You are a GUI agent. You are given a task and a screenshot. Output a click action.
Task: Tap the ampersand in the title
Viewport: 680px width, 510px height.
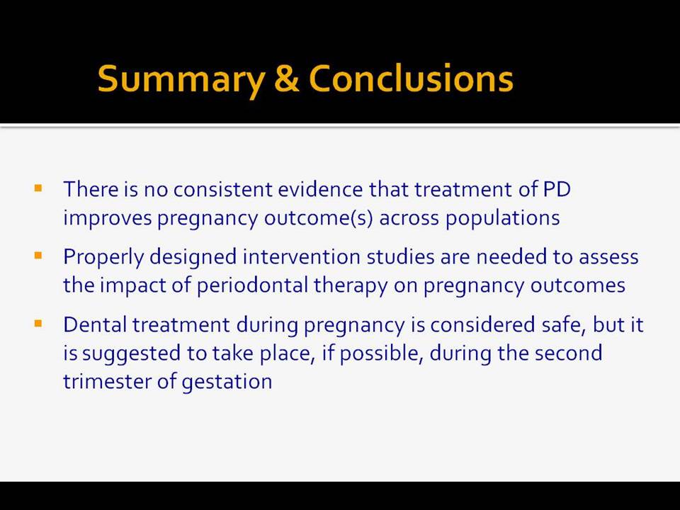(287, 78)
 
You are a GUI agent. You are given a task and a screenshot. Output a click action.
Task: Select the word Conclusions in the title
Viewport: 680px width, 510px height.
(411, 78)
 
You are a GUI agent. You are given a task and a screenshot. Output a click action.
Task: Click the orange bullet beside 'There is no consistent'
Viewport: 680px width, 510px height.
(38, 188)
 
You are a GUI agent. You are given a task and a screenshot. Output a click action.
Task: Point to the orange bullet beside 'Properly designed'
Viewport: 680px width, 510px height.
(38, 256)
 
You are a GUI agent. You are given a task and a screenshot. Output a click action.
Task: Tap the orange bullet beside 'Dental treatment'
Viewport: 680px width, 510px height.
(38, 324)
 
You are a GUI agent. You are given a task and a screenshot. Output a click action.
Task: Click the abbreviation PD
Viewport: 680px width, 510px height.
(557, 190)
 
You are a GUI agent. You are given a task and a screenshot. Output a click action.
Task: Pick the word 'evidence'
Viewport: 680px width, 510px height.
(320, 190)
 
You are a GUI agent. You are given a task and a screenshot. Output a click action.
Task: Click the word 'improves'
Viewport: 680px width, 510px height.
(108, 218)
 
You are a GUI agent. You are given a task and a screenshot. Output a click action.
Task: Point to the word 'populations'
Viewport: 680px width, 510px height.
(503, 218)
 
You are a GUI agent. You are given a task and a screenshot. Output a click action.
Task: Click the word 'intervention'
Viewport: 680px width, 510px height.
(302, 256)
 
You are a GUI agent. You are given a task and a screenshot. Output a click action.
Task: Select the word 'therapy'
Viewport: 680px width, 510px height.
(351, 286)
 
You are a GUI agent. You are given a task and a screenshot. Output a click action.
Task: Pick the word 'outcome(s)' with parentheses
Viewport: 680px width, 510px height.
(319, 218)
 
